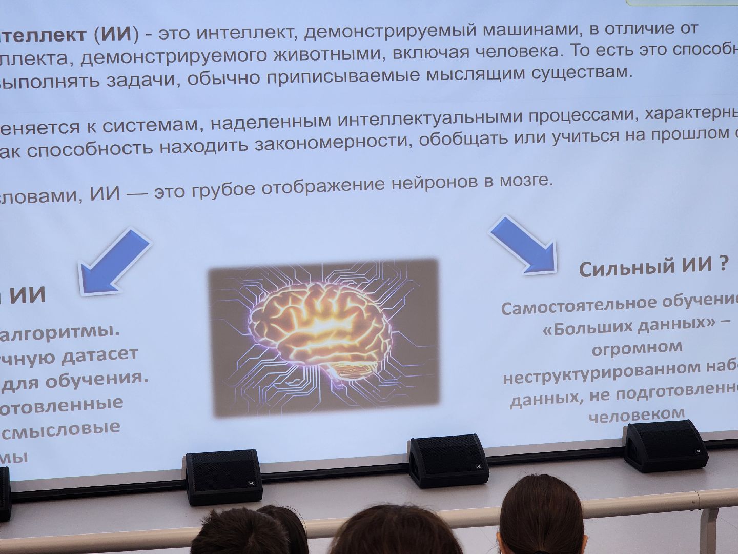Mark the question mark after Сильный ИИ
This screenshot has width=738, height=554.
click(723, 264)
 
